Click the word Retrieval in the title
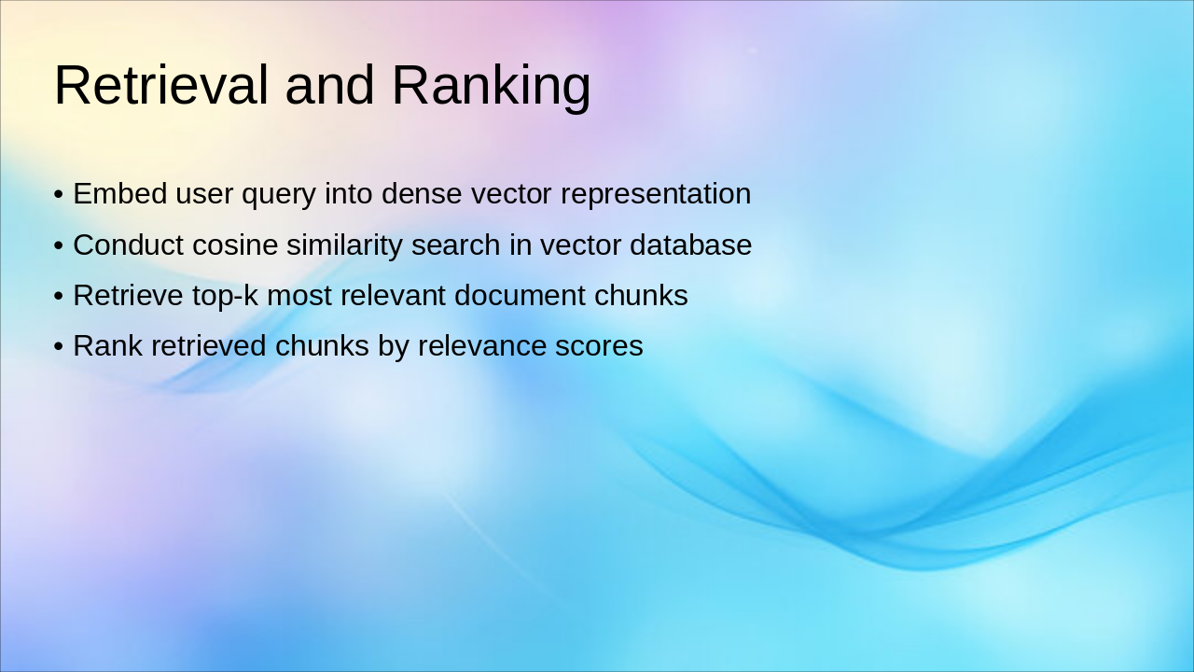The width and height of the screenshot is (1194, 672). tap(161, 85)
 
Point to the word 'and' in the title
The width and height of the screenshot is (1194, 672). tap(329, 85)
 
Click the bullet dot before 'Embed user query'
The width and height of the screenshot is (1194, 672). tap(59, 193)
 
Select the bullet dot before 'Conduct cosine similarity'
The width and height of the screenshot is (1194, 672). tap(59, 245)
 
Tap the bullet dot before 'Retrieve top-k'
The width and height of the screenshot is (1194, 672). tap(59, 296)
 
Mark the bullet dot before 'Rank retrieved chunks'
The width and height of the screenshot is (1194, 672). tap(59, 346)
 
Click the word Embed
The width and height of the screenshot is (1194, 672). tap(120, 193)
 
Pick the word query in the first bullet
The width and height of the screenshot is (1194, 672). tap(279, 196)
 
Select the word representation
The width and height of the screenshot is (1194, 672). tap(656, 195)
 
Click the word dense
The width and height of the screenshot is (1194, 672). tap(422, 193)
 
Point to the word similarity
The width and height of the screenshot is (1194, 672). tap(344, 247)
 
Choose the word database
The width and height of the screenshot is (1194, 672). tap(691, 245)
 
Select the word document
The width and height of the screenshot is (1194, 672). tap(520, 295)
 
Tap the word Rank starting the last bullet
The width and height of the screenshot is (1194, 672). tap(107, 345)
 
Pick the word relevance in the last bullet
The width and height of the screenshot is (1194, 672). tap(482, 345)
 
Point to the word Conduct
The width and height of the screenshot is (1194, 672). tap(129, 245)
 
